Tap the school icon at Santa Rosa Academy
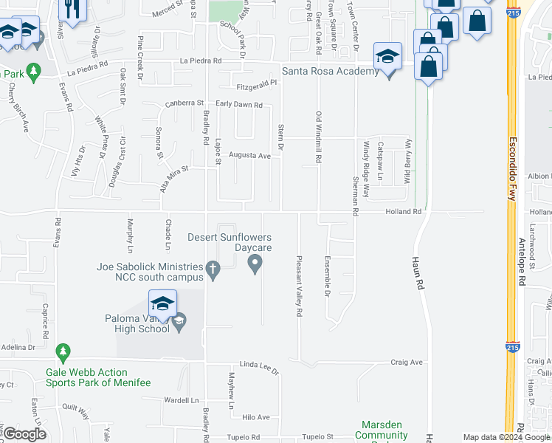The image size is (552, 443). (387, 57)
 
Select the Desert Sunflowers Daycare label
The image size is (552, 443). (230, 242)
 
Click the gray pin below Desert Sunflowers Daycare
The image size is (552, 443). (255, 262)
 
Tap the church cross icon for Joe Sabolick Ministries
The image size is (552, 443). (213, 271)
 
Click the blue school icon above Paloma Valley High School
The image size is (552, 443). (163, 303)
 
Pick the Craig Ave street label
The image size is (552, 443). (406, 363)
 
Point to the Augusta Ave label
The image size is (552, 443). (249, 156)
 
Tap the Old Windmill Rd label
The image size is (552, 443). (319, 137)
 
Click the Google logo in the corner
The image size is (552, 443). (25, 434)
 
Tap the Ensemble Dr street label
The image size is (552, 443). (328, 276)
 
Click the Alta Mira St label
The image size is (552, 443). (174, 179)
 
